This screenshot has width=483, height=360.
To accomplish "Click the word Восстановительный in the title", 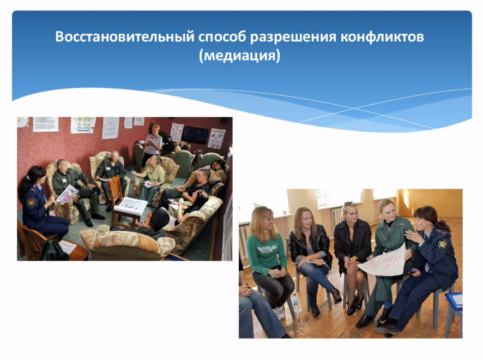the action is [x=124, y=37].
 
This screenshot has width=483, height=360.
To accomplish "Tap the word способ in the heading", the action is [x=222, y=37].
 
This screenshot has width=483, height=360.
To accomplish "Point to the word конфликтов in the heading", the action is [x=382, y=37].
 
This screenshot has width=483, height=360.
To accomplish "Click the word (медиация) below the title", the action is [x=240, y=56].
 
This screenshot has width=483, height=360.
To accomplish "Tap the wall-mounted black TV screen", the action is [x=195, y=135].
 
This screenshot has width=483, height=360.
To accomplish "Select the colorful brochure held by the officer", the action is [x=67, y=194].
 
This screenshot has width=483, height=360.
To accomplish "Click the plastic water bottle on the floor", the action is [x=295, y=303].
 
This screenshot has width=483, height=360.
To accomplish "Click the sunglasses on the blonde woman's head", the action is [x=350, y=203].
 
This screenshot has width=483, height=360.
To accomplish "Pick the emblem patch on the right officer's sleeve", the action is [x=443, y=244].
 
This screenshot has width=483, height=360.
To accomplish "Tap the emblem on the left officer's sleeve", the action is [x=31, y=202].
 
